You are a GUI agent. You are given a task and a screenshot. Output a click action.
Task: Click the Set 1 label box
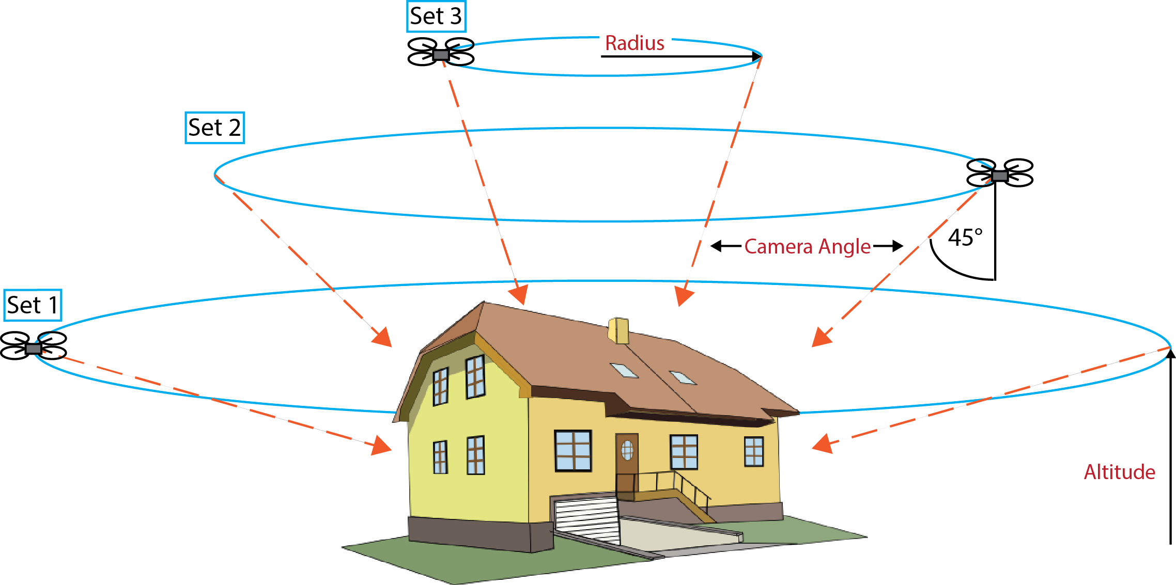(x=33, y=305)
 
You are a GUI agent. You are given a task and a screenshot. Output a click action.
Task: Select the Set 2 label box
(x=214, y=128)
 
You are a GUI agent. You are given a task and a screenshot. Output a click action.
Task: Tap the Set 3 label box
(x=436, y=17)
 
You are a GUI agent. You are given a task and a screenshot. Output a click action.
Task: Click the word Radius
(x=635, y=43)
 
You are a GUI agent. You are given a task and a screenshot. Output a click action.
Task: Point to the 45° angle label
(x=965, y=238)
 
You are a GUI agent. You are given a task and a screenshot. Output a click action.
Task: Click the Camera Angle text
(x=807, y=247)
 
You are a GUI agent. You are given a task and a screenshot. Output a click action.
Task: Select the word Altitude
(x=1119, y=472)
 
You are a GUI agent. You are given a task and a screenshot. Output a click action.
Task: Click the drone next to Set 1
(x=34, y=346)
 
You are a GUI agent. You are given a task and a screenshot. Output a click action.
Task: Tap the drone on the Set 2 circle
(x=1000, y=173)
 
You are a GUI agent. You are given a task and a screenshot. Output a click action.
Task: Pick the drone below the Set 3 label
(x=441, y=52)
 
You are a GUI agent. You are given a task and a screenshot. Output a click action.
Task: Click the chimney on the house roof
(x=618, y=330)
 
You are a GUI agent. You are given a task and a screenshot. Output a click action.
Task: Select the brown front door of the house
(x=627, y=460)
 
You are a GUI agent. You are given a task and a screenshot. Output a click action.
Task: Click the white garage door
(x=586, y=519)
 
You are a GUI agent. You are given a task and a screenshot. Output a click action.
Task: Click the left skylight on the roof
(x=624, y=370)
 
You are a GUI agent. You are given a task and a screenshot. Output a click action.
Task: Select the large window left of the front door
(x=573, y=450)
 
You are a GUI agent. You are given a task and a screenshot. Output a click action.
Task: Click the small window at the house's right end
(x=753, y=451)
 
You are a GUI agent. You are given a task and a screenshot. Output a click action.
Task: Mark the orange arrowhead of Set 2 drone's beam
(x=822, y=337)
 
